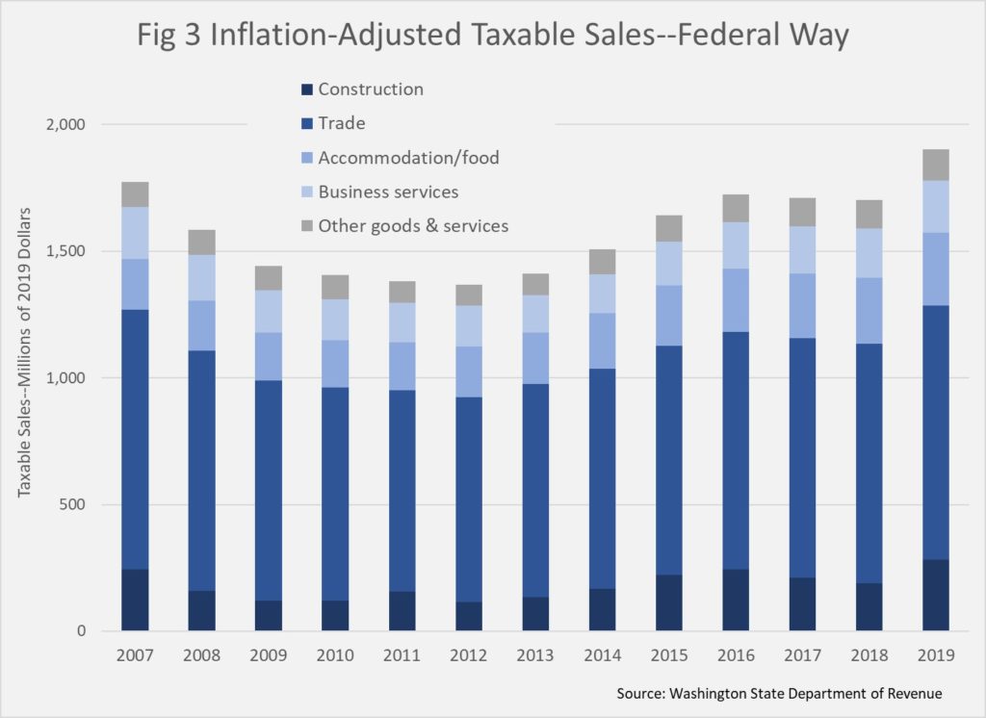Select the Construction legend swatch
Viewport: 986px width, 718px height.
(307, 90)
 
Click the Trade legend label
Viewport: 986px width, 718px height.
(342, 123)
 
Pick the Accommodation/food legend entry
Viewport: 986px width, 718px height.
(408, 157)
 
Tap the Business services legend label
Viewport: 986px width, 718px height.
(388, 192)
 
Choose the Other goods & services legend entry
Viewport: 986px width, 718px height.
(413, 225)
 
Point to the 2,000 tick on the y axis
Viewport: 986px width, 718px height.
(65, 125)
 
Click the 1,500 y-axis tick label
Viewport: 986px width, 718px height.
(65, 251)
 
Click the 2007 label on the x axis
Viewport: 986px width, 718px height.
(135, 655)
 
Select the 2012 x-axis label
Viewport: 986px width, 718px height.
(469, 655)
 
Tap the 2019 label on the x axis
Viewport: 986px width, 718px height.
(935, 655)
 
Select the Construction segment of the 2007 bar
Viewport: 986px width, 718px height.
(135, 600)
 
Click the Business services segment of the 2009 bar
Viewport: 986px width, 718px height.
(269, 311)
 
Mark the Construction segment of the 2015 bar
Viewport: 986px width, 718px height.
(669, 603)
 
